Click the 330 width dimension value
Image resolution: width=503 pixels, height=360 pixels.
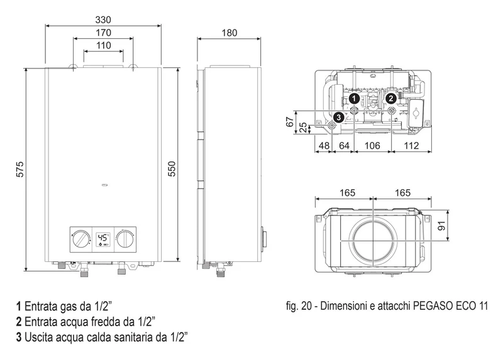pos(103,20)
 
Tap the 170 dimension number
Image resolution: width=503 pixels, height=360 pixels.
pos(103,33)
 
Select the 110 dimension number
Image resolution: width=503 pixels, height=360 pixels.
pos(103,45)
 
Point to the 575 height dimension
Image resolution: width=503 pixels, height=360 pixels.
pos(20,169)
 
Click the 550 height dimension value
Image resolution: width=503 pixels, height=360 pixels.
pos(172,168)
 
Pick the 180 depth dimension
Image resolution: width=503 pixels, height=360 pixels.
pos(229,33)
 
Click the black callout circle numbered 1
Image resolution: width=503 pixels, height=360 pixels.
pos(354,99)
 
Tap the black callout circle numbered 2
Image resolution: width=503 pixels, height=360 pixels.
pos(390,99)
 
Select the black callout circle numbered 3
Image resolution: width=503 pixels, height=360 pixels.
pos(338,117)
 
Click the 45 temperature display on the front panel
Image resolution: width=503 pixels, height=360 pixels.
pos(102,237)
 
